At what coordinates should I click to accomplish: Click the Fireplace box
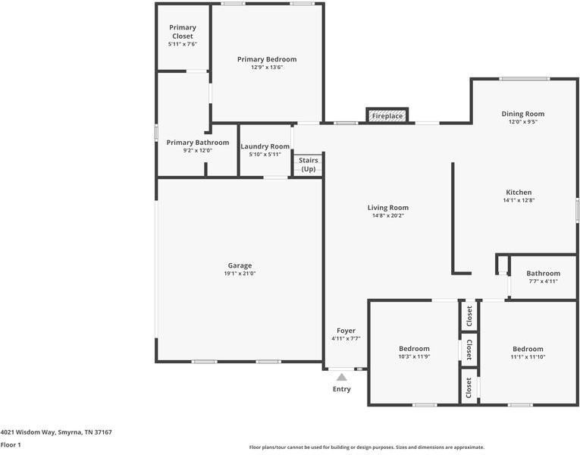(x=387, y=115)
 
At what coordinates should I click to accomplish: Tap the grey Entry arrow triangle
(x=342, y=377)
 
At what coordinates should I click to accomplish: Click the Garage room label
(x=240, y=265)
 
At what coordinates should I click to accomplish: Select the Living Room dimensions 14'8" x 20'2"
(x=388, y=215)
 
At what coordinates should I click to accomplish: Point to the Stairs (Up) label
(x=309, y=165)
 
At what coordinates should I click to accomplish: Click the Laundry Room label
(x=265, y=146)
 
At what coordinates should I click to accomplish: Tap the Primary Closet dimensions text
(x=183, y=44)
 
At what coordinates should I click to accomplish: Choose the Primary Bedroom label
(x=267, y=59)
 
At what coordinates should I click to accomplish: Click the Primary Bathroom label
(x=198, y=143)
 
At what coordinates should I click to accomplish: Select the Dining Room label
(x=522, y=114)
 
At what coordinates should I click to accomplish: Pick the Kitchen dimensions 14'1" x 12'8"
(x=519, y=200)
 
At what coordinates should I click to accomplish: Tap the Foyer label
(x=346, y=331)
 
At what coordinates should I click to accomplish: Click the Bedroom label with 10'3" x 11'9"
(x=414, y=349)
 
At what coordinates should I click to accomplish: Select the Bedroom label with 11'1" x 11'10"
(x=528, y=349)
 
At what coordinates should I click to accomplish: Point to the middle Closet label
(x=469, y=350)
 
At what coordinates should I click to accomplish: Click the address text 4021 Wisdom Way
(x=28, y=432)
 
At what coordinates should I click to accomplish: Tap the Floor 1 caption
(x=11, y=444)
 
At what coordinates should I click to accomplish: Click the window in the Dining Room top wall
(x=524, y=78)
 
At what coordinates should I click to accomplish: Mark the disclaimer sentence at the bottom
(x=366, y=447)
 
